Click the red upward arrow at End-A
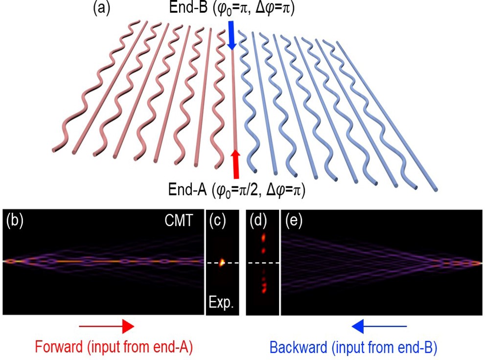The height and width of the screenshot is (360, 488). [236, 163]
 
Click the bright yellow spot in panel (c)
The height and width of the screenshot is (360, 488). [221, 262]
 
